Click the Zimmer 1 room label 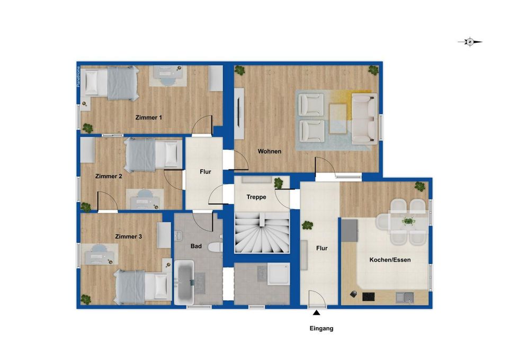(148, 118)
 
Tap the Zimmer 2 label (109, 176)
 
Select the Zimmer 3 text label (129, 237)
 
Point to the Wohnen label (270, 151)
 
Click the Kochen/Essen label (390, 260)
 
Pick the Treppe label (256, 197)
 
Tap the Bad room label (196, 246)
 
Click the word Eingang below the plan (322, 329)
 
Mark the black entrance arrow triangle (317, 313)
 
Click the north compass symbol (470, 42)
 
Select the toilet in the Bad (215, 247)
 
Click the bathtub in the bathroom (184, 282)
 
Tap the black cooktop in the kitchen (368, 296)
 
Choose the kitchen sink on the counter (405, 298)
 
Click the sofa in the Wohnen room (364, 119)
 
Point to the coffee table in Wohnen (338, 119)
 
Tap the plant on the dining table (408, 221)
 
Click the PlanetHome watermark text (78, 77)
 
